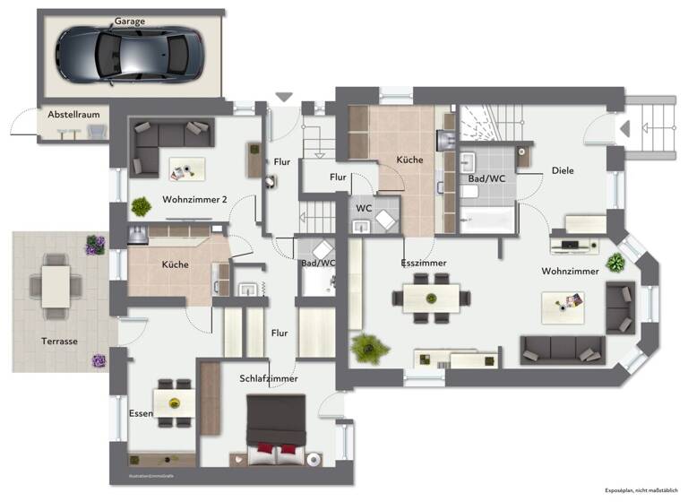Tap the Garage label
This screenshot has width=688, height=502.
[129, 21]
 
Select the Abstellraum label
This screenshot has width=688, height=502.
[73, 115]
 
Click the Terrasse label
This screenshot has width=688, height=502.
[59, 342]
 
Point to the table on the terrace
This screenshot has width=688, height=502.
[56, 286]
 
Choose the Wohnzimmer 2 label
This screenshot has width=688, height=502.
[194, 199]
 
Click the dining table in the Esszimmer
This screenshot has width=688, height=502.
[431, 297]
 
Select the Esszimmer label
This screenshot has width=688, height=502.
[424, 263]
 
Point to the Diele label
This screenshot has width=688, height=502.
[563, 170]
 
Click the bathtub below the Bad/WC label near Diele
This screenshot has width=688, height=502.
[488, 218]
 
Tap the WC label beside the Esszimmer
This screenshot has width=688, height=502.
[364, 208]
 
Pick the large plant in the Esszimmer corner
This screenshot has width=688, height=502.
[368, 347]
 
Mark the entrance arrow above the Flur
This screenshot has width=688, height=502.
[284, 97]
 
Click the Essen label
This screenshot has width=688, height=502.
[141, 413]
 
